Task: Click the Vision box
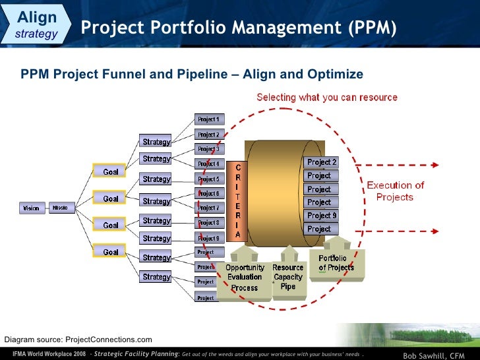click(32, 208)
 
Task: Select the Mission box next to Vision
click(60, 208)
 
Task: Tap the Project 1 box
click(210, 119)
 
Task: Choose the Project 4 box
click(210, 164)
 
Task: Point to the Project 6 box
click(210, 193)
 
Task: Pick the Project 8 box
click(210, 223)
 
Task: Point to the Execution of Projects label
click(395, 191)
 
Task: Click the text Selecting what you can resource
click(326, 98)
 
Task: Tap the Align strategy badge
click(36, 24)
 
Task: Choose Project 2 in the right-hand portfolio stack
click(321, 162)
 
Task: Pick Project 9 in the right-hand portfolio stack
click(321, 216)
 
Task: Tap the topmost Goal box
click(110, 171)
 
